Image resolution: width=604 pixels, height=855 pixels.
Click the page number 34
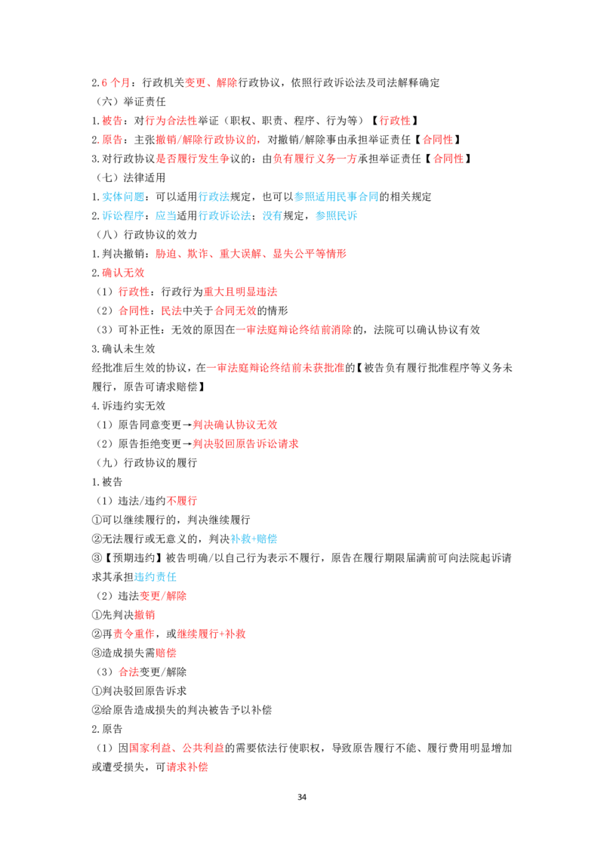[x=302, y=797]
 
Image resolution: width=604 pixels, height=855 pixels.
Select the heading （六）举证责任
[x=131, y=101]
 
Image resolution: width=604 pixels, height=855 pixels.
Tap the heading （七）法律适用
[x=131, y=177]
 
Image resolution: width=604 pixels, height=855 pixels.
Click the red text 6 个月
[x=116, y=82]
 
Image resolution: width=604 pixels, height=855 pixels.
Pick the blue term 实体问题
[x=123, y=197]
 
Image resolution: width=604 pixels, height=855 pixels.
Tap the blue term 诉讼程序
[x=123, y=216]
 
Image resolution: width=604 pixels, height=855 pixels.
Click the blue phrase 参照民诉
[x=336, y=216]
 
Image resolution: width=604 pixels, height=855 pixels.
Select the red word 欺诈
[x=197, y=254]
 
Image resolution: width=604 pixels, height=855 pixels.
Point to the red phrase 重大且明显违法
[x=240, y=292]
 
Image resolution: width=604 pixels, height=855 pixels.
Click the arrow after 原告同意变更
[x=187, y=424]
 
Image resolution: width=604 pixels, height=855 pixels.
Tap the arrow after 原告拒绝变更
[x=187, y=444]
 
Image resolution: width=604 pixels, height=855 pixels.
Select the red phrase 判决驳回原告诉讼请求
[x=246, y=444]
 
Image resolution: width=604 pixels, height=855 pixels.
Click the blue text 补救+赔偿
[x=254, y=539]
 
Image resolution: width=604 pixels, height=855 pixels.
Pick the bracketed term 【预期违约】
[x=134, y=558]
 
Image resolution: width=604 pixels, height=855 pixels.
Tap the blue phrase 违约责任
[x=156, y=577]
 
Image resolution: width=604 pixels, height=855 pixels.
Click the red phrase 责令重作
[x=134, y=634]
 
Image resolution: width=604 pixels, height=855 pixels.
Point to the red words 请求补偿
[x=187, y=767]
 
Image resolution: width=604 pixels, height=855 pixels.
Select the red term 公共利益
[x=203, y=748]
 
